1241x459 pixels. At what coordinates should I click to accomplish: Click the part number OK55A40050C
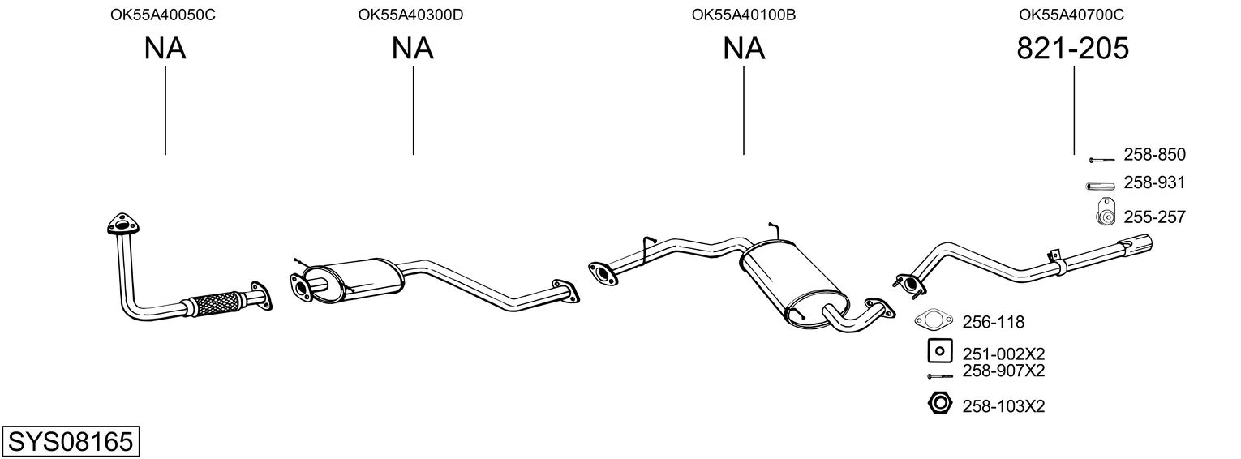click(163, 15)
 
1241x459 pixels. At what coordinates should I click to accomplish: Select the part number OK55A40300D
click(410, 15)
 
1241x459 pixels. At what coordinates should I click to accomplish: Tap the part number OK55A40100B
click(744, 15)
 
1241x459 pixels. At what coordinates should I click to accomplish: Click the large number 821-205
click(1072, 49)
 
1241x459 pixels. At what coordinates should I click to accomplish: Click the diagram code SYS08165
click(70, 442)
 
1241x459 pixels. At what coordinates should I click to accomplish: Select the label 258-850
click(1154, 154)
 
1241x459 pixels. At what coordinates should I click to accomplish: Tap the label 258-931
click(1154, 183)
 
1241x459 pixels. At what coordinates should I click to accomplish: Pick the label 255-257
click(1154, 217)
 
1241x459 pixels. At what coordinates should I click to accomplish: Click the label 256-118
click(994, 323)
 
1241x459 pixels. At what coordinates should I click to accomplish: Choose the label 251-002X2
click(1003, 354)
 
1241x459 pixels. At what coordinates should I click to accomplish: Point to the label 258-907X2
click(1003, 371)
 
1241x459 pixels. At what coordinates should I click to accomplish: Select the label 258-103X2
click(1003, 405)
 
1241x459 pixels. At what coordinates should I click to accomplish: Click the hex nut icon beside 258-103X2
click(938, 402)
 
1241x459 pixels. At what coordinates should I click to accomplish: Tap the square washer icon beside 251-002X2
click(939, 351)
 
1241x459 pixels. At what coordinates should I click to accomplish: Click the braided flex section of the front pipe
click(215, 302)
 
